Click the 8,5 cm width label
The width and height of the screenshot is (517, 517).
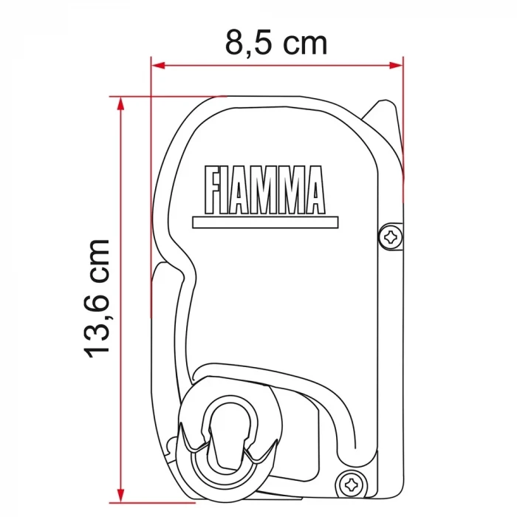(x=276, y=43)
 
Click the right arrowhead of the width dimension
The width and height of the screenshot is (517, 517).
(x=399, y=65)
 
